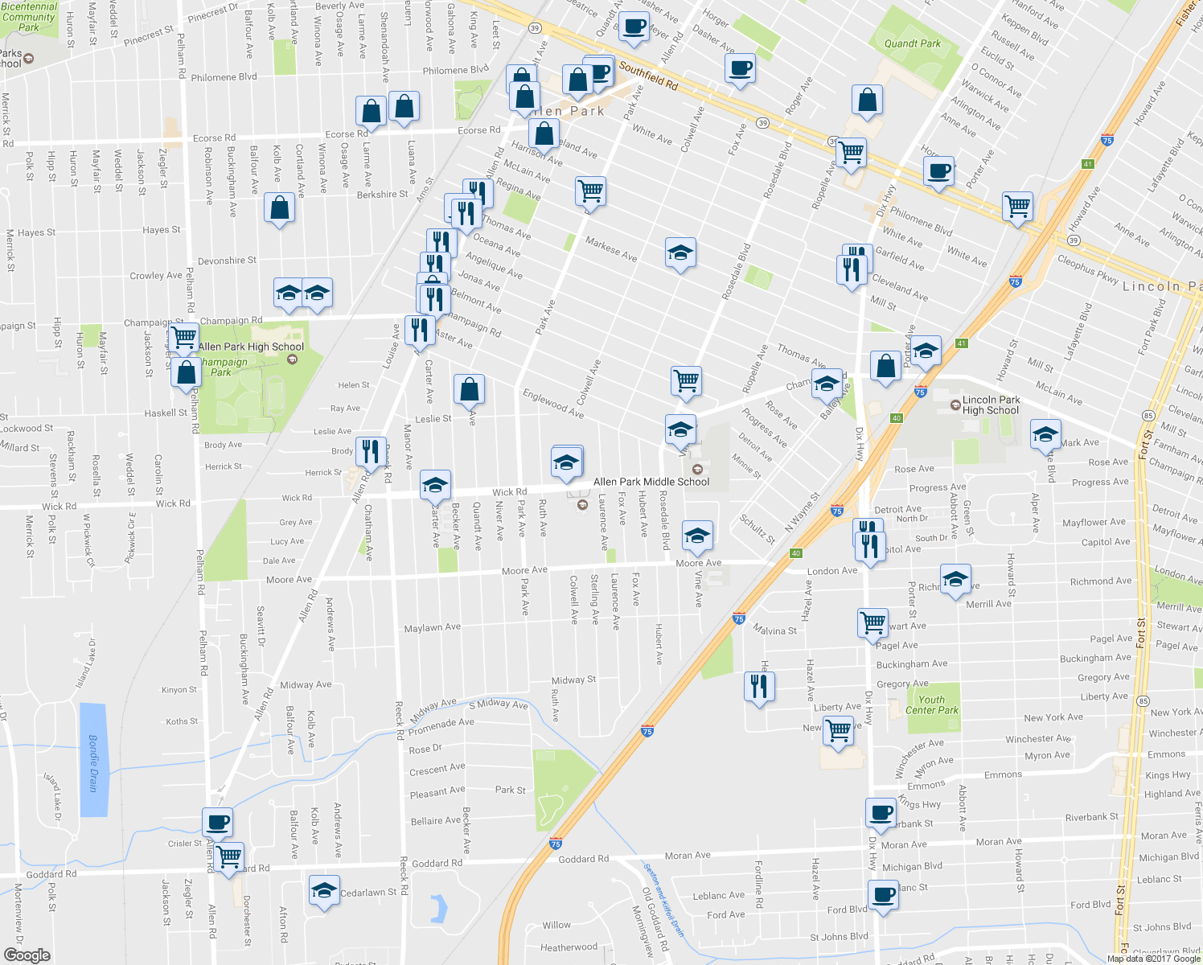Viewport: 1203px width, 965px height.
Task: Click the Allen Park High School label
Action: [x=251, y=347]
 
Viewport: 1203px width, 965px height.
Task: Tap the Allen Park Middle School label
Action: [x=651, y=482]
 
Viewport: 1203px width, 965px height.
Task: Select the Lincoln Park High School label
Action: [x=991, y=404]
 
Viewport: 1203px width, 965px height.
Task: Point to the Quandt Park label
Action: [x=912, y=43]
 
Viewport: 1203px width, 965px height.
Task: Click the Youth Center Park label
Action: [x=931, y=704]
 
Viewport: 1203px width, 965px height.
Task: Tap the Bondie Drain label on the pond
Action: [x=93, y=762]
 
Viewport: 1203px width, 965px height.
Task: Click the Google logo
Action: [x=27, y=955]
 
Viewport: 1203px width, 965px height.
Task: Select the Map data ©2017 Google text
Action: [x=1154, y=959]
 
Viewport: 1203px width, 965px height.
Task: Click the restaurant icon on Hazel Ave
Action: [x=759, y=686]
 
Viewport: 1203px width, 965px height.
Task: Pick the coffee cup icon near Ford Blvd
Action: [x=883, y=894]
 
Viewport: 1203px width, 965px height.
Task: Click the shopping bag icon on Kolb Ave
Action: [x=279, y=208]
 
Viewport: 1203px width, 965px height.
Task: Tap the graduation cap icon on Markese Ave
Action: [x=680, y=253]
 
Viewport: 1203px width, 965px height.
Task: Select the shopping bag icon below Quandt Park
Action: [x=867, y=101]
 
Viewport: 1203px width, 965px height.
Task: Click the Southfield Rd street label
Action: [x=648, y=77]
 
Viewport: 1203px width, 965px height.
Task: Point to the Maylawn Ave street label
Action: [x=433, y=627]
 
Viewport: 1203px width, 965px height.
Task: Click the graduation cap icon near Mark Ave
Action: [x=1045, y=435]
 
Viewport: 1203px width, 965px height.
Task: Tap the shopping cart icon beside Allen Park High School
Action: [x=184, y=336]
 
